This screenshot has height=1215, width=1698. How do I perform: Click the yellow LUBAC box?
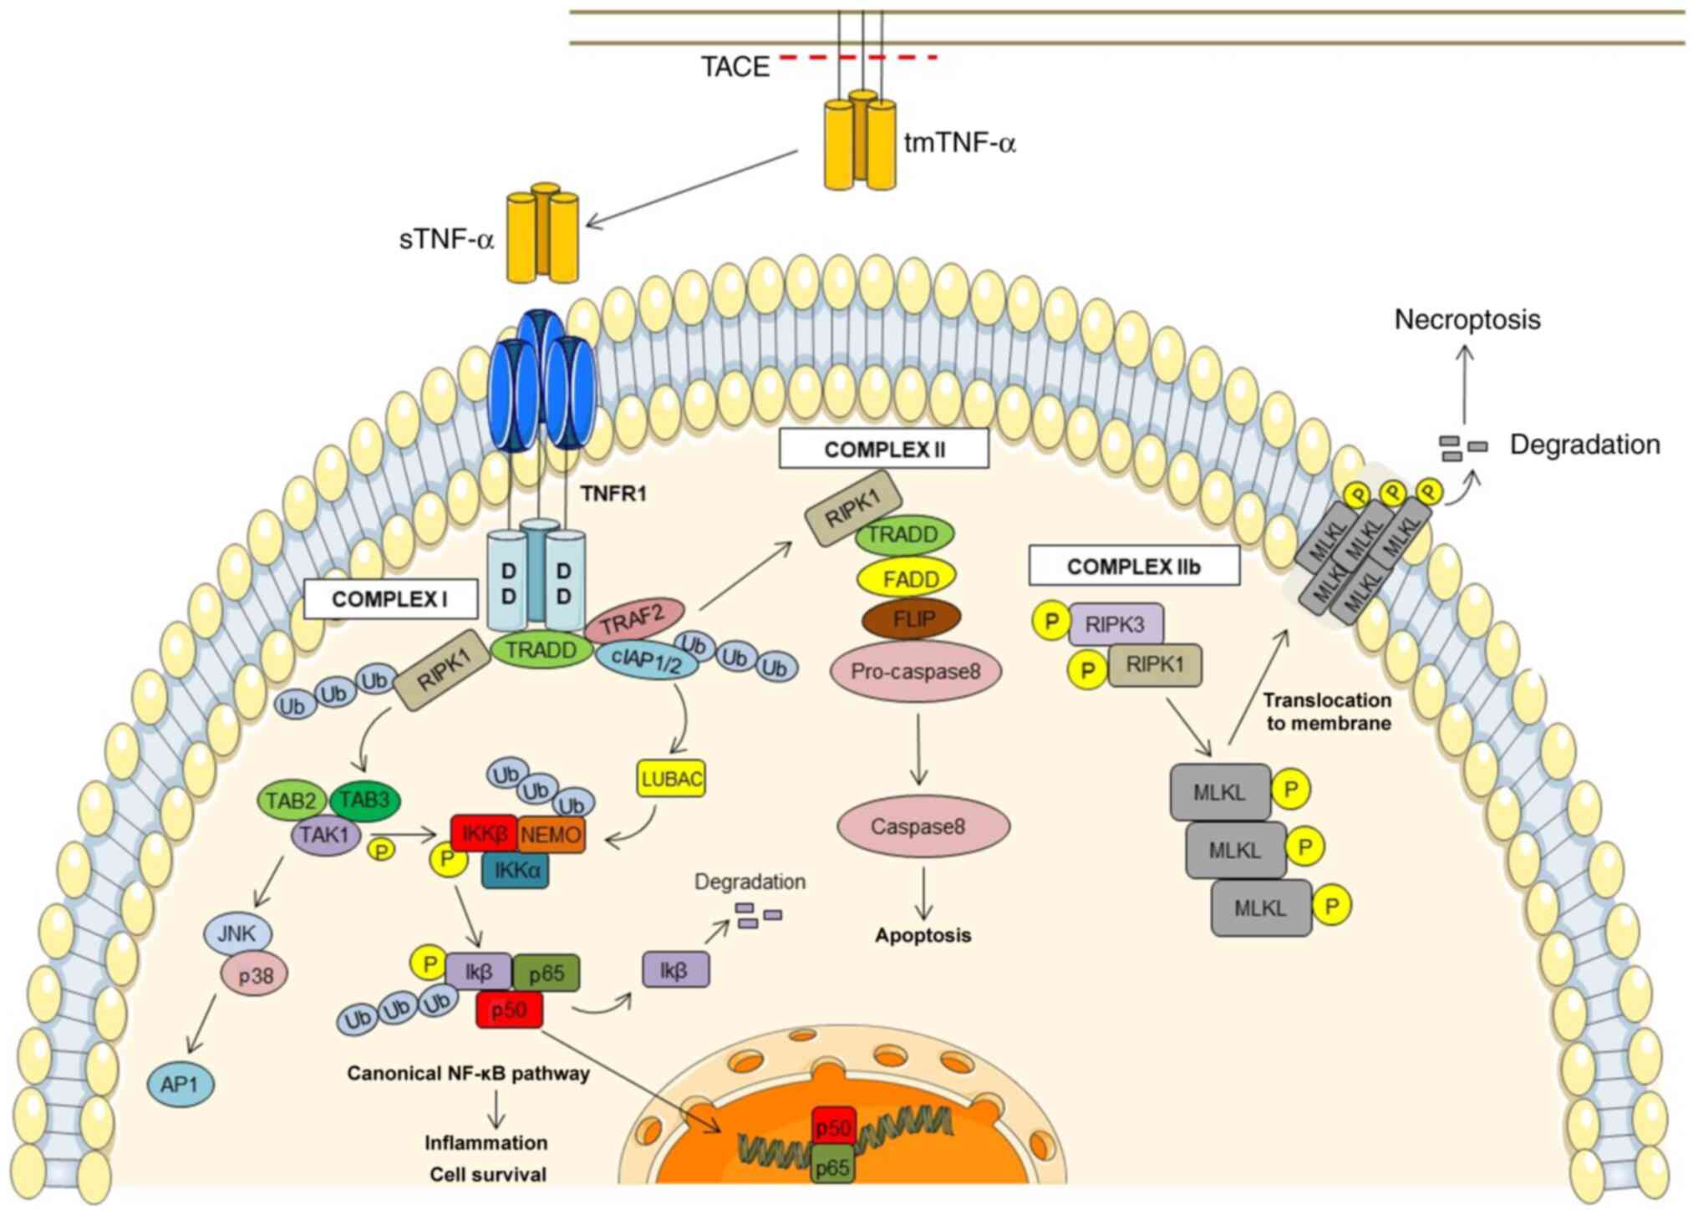671,779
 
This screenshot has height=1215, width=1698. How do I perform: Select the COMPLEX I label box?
390,599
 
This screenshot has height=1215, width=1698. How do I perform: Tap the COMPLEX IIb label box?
1133,567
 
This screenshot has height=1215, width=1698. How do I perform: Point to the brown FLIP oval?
912,619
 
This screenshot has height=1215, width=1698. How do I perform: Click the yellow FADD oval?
907,577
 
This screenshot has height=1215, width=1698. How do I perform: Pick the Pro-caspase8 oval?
916,671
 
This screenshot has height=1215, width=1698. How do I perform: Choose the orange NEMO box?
551,835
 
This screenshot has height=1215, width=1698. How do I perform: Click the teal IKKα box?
516,870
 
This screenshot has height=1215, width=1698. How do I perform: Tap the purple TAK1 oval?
325,835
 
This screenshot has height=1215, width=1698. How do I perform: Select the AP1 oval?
180,1084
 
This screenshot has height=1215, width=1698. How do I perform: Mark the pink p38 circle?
255,974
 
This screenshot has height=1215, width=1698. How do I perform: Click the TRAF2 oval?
633,619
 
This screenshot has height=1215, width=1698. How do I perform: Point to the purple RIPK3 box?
1116,624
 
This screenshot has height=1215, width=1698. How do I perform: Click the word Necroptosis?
1467,319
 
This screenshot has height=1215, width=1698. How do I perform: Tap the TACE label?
735,67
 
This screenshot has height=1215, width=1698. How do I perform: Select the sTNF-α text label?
446,240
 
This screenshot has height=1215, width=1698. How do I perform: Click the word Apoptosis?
923,935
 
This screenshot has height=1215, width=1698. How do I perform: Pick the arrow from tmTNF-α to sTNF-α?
692,189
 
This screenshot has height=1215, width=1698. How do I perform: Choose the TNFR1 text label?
613,494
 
